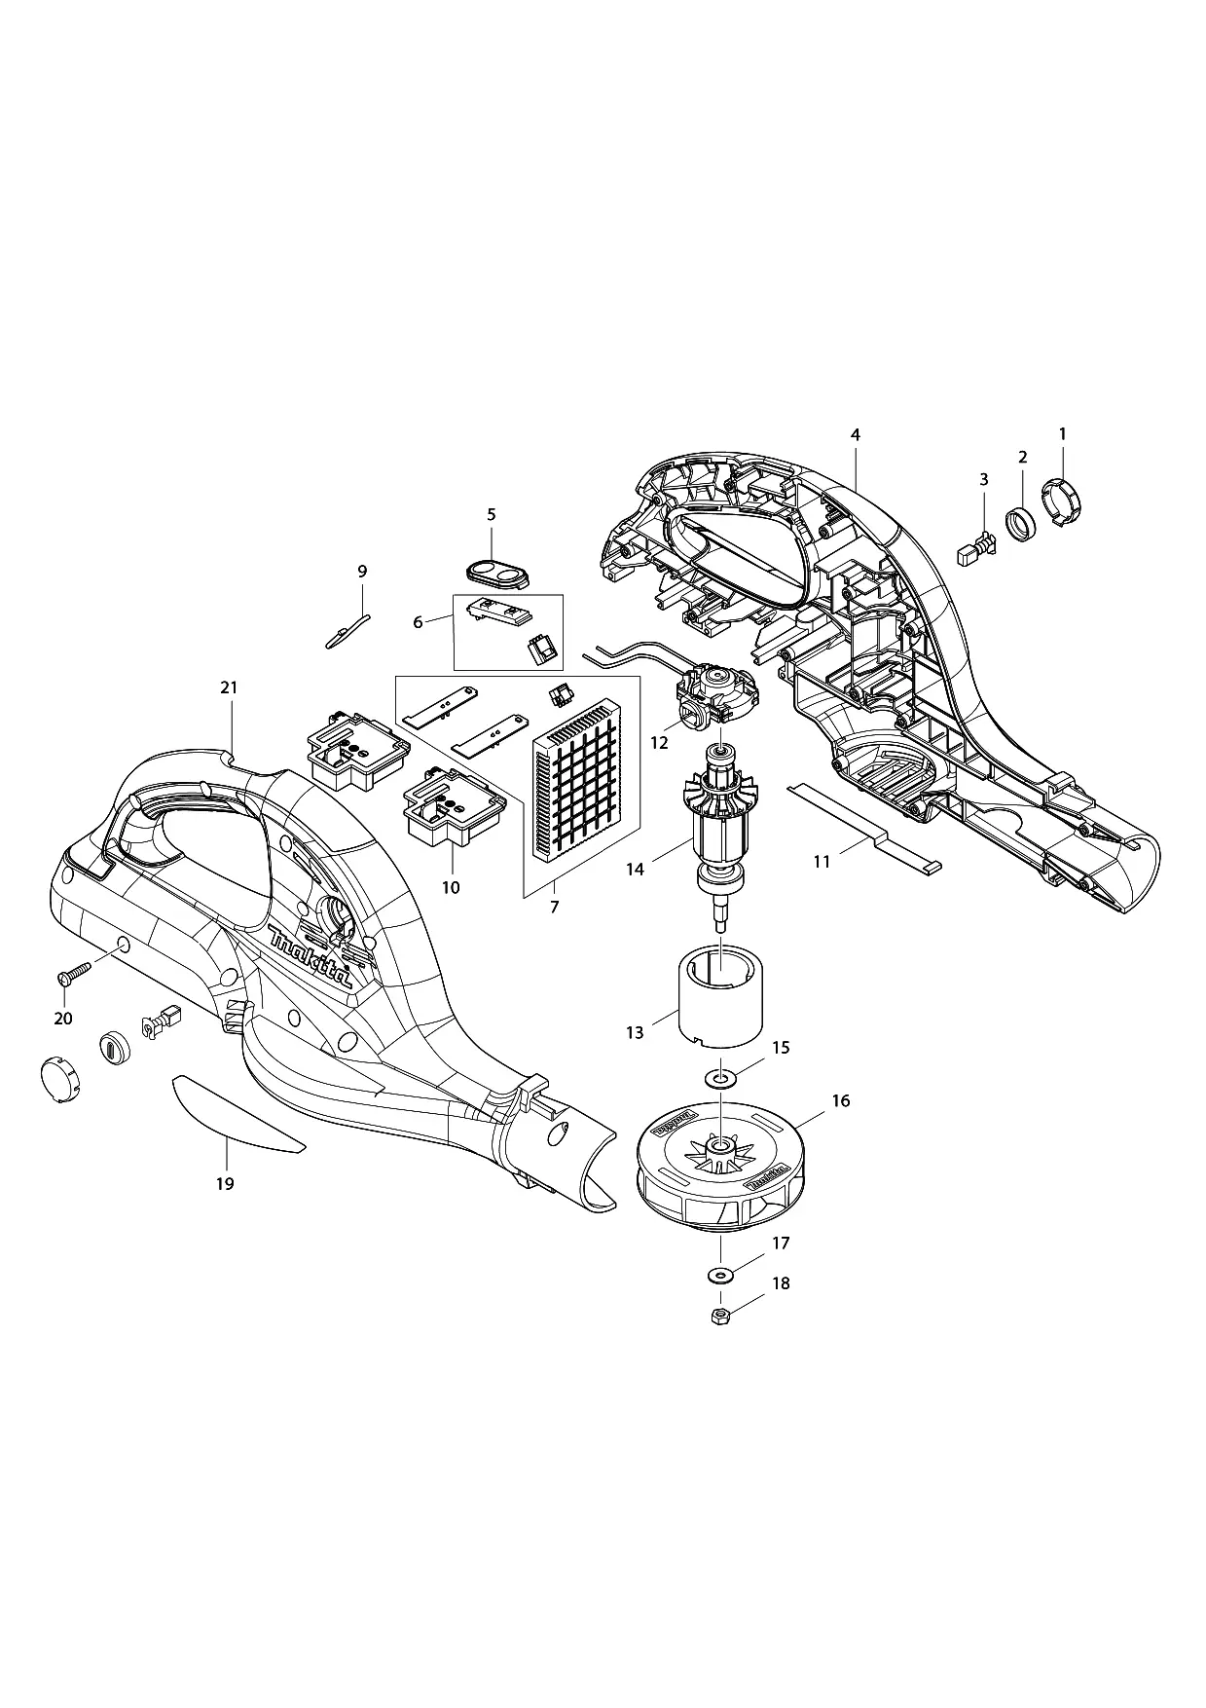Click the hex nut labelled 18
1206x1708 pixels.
pos(721,1318)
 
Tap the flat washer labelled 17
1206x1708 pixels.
pos(720,1276)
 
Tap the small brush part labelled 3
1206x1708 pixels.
pos(976,548)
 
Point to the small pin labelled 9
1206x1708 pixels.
pos(348,629)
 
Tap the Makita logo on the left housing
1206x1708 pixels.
pos(311,955)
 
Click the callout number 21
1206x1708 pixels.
pos(229,687)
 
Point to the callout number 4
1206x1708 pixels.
pos(856,434)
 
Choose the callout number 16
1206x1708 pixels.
pos(841,1100)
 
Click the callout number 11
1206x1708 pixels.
pos(822,861)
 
